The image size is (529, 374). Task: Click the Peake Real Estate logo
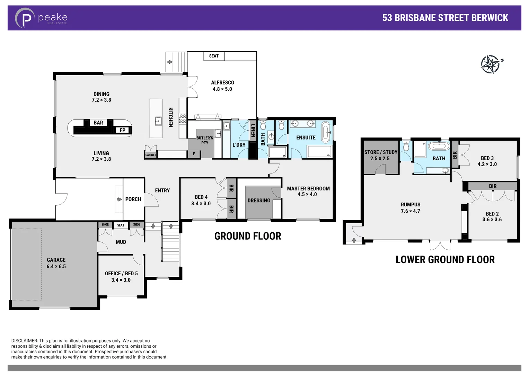(x=41, y=18)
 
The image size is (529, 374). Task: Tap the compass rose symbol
(x=491, y=64)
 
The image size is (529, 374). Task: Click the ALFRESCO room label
(x=222, y=82)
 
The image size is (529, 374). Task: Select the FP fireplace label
(x=122, y=130)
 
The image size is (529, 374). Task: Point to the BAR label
(x=98, y=123)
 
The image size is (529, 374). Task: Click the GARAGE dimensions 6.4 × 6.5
(x=56, y=266)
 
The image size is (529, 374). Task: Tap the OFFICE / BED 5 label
(x=121, y=273)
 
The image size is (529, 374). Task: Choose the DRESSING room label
(x=259, y=201)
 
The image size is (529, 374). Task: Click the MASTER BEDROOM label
(x=308, y=188)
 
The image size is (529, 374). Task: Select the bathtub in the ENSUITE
(x=326, y=132)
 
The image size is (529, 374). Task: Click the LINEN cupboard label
(x=253, y=131)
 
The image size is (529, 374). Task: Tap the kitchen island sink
(x=158, y=121)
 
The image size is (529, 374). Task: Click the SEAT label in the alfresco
(x=214, y=56)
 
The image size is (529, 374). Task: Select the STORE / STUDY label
(x=380, y=152)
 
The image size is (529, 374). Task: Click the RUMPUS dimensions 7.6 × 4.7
(x=410, y=211)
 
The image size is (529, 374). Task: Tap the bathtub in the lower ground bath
(x=439, y=146)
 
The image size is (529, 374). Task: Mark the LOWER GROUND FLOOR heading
(x=445, y=259)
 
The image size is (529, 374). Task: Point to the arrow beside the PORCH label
(x=119, y=199)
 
